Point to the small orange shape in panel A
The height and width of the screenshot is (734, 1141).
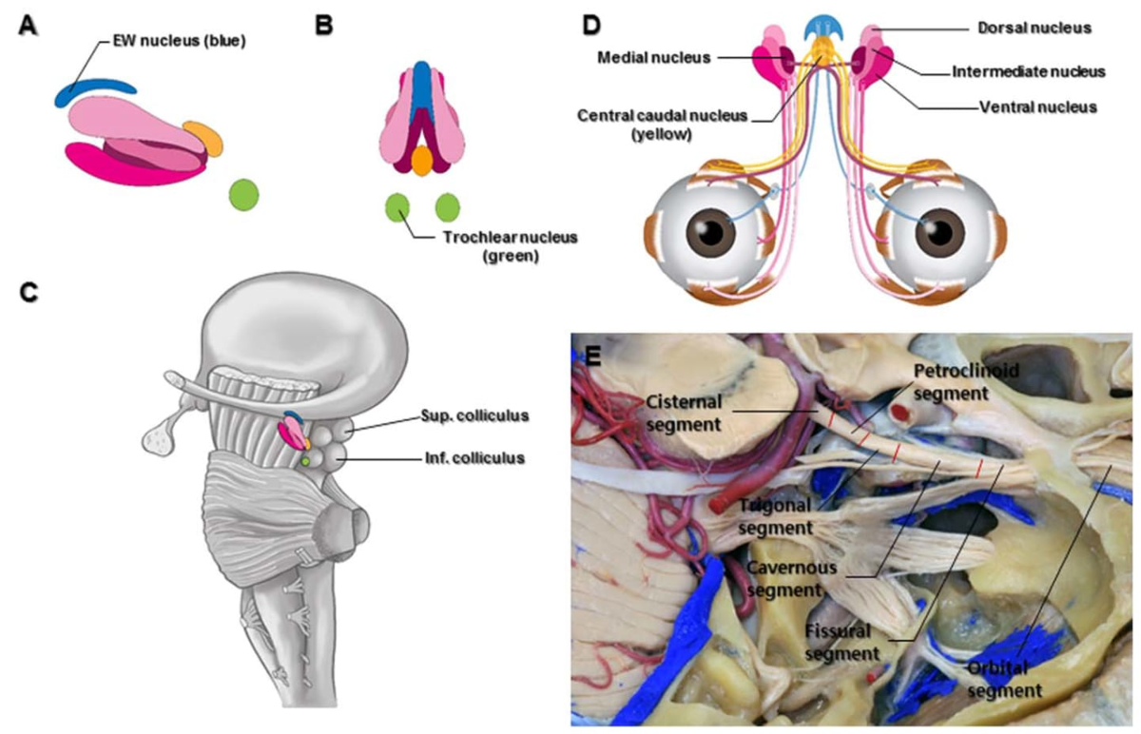(x=203, y=137)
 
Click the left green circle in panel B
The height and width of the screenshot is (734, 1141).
(x=398, y=206)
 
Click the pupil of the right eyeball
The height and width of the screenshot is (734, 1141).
(x=941, y=232)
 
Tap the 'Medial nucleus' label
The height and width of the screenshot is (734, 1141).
(x=654, y=57)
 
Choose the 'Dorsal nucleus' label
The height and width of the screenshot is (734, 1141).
(x=1036, y=28)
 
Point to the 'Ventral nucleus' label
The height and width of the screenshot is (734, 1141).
(x=1037, y=107)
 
